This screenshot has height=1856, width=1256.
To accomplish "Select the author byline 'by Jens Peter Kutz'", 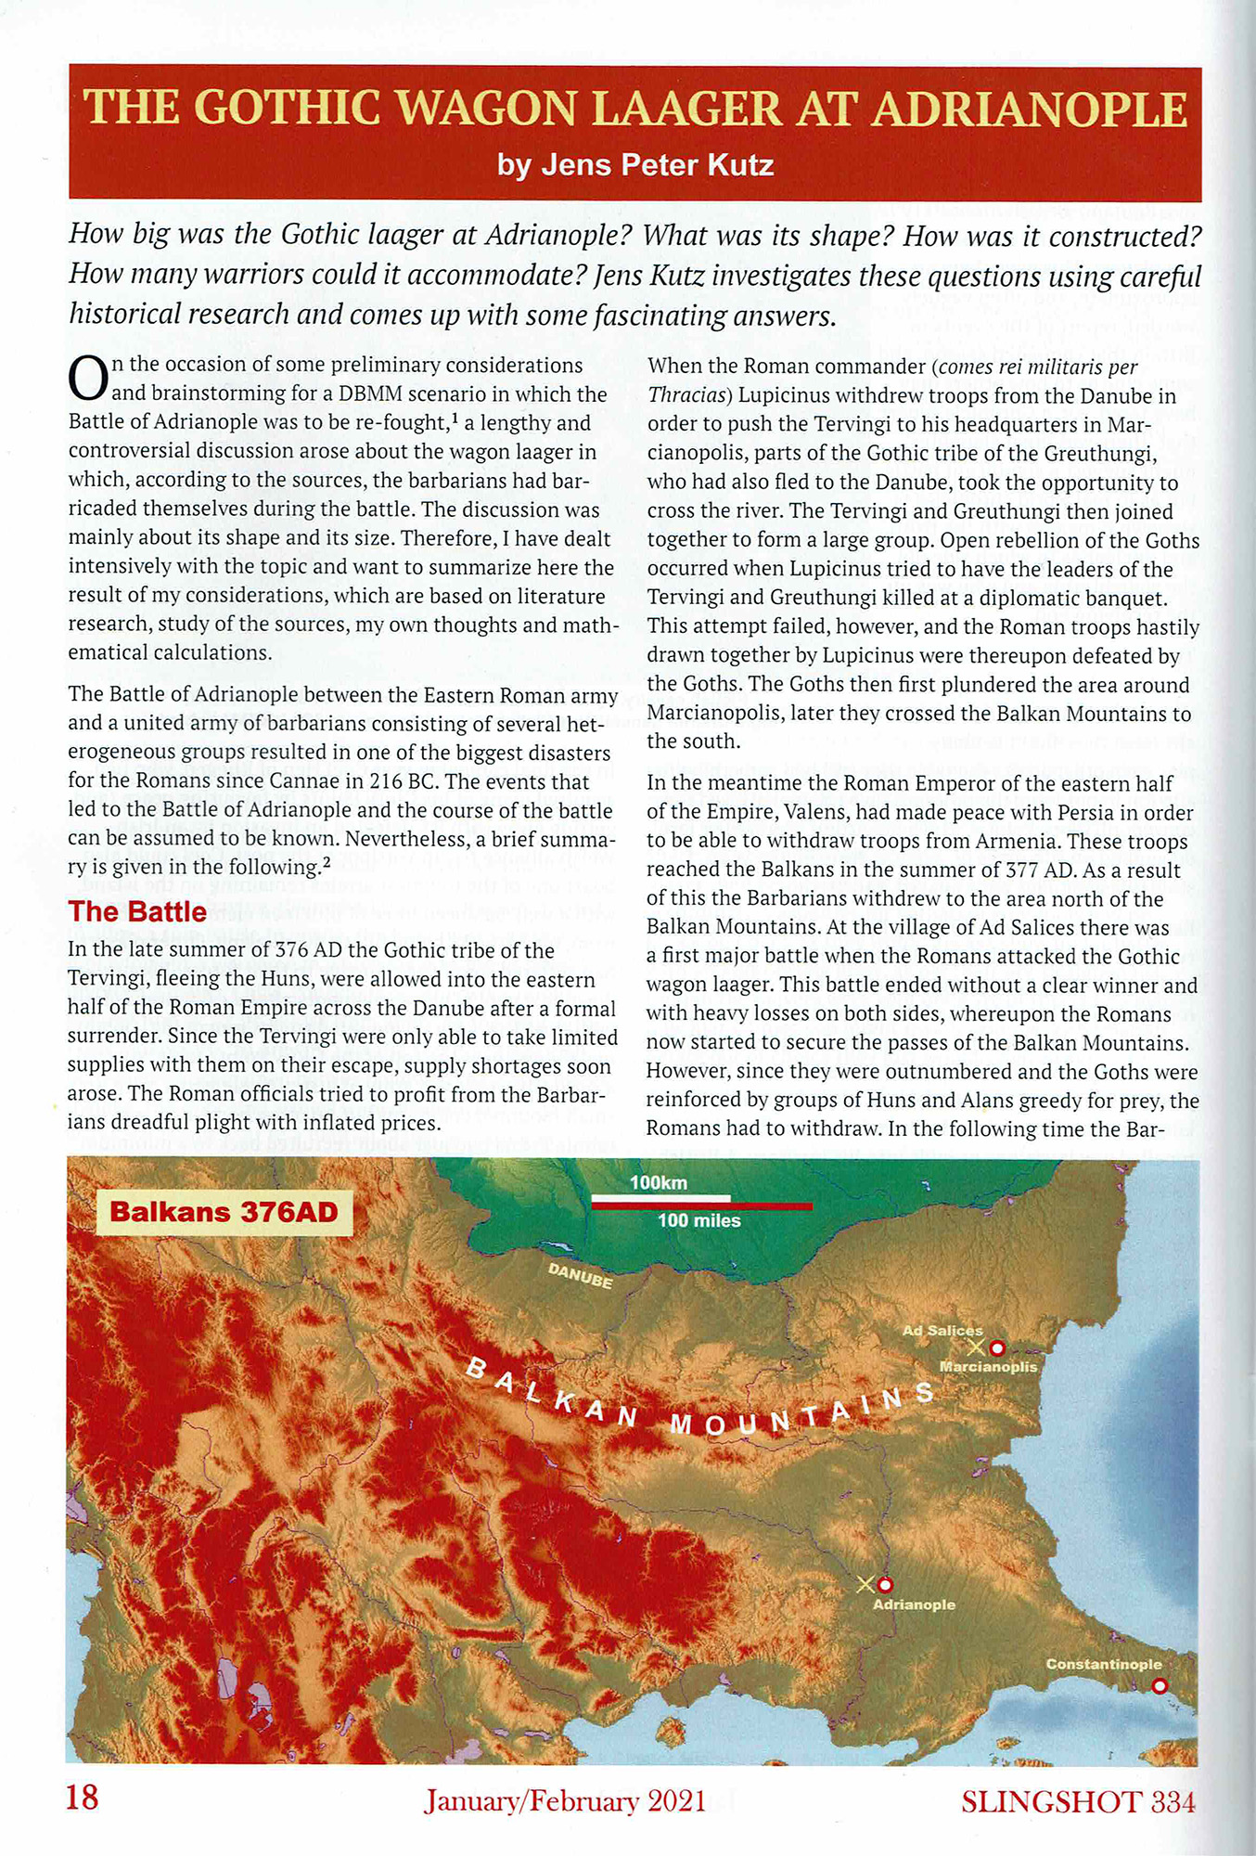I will [634, 165].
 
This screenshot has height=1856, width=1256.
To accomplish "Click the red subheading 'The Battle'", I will [137, 911].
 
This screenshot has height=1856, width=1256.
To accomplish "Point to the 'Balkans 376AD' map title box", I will [224, 1212].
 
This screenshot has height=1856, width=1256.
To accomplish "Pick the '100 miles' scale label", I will [698, 1221].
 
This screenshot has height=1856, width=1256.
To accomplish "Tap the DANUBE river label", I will [580, 1276].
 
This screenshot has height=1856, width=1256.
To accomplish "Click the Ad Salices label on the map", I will [942, 1331].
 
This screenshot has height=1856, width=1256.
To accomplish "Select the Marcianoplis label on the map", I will [988, 1367].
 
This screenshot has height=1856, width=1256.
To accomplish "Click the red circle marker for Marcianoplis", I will [997, 1347].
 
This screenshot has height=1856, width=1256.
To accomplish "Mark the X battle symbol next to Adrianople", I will [865, 1584].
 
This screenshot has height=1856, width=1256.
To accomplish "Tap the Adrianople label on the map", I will [914, 1605].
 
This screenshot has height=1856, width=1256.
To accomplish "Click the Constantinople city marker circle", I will [1158, 1686].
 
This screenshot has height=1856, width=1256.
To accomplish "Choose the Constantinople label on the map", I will [1103, 1664].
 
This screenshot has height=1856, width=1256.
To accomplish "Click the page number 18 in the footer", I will [82, 1798].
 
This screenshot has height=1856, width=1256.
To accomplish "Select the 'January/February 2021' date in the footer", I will [564, 1801].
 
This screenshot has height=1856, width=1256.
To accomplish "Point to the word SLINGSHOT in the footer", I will [1050, 1801].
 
